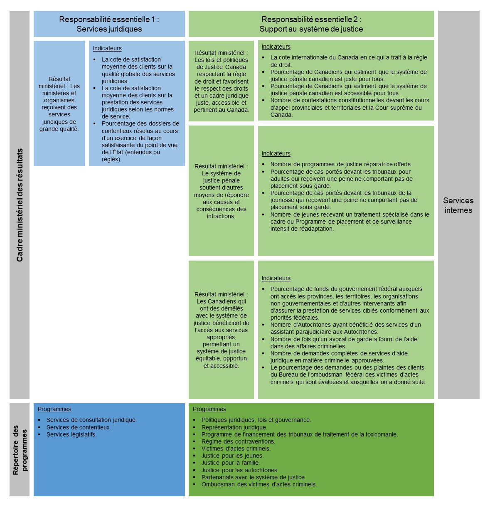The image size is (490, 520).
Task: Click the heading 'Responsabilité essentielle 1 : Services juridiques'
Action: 109,24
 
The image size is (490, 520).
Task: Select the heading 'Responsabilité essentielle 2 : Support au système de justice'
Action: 311,24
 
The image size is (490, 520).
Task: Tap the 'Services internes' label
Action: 458,205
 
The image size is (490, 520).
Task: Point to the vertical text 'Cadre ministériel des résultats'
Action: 20,205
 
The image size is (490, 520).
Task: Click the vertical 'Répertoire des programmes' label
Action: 20,450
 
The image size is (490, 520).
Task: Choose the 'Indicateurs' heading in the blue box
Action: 107,49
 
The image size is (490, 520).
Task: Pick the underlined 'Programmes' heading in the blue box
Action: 54,409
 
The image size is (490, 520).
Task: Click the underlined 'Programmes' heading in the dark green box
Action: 209,409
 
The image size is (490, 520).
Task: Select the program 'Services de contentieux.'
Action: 79,427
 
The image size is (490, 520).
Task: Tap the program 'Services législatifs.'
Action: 71,434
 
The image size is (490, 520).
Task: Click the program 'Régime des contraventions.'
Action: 238,441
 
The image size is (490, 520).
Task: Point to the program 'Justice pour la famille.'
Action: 231,463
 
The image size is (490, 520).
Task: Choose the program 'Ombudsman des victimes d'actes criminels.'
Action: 259,484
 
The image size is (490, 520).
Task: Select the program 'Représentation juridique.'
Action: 234,427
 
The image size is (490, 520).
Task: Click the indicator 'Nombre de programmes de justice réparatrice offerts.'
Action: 341,164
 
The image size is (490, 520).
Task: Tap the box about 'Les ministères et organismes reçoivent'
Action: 59,104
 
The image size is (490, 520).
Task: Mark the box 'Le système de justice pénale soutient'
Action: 221,191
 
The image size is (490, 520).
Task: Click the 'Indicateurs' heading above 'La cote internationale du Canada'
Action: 276,47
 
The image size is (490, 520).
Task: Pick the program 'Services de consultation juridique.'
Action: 91,420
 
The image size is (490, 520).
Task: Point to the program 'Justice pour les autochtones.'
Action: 240,470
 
